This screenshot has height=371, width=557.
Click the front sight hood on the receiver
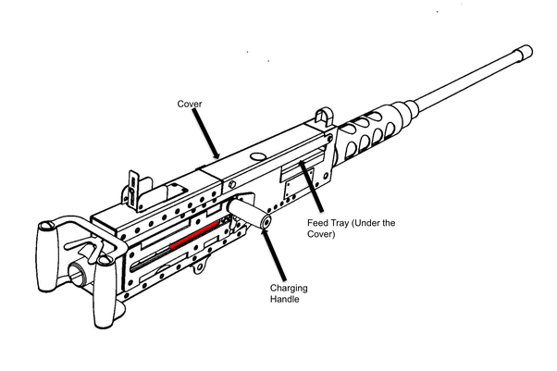point(321,118)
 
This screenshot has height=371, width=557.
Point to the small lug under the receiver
point(197,269)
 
